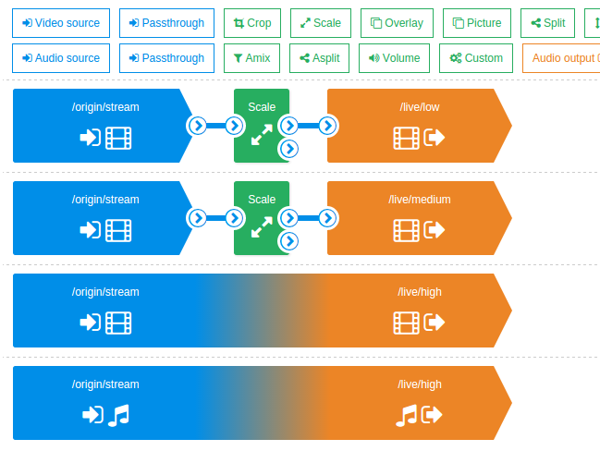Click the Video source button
click(61, 23)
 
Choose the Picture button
click(477, 23)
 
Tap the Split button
click(548, 23)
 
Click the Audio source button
click(61, 58)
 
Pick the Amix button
click(251, 58)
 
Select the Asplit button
click(319, 58)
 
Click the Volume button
click(394, 58)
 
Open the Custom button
click(475, 58)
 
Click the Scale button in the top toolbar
click(320, 23)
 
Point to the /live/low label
click(420, 107)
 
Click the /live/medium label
click(420, 200)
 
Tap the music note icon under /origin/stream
click(118, 415)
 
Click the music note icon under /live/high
click(406, 415)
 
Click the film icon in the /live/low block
click(406, 138)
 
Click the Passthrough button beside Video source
click(166, 23)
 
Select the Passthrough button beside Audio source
click(166, 58)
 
